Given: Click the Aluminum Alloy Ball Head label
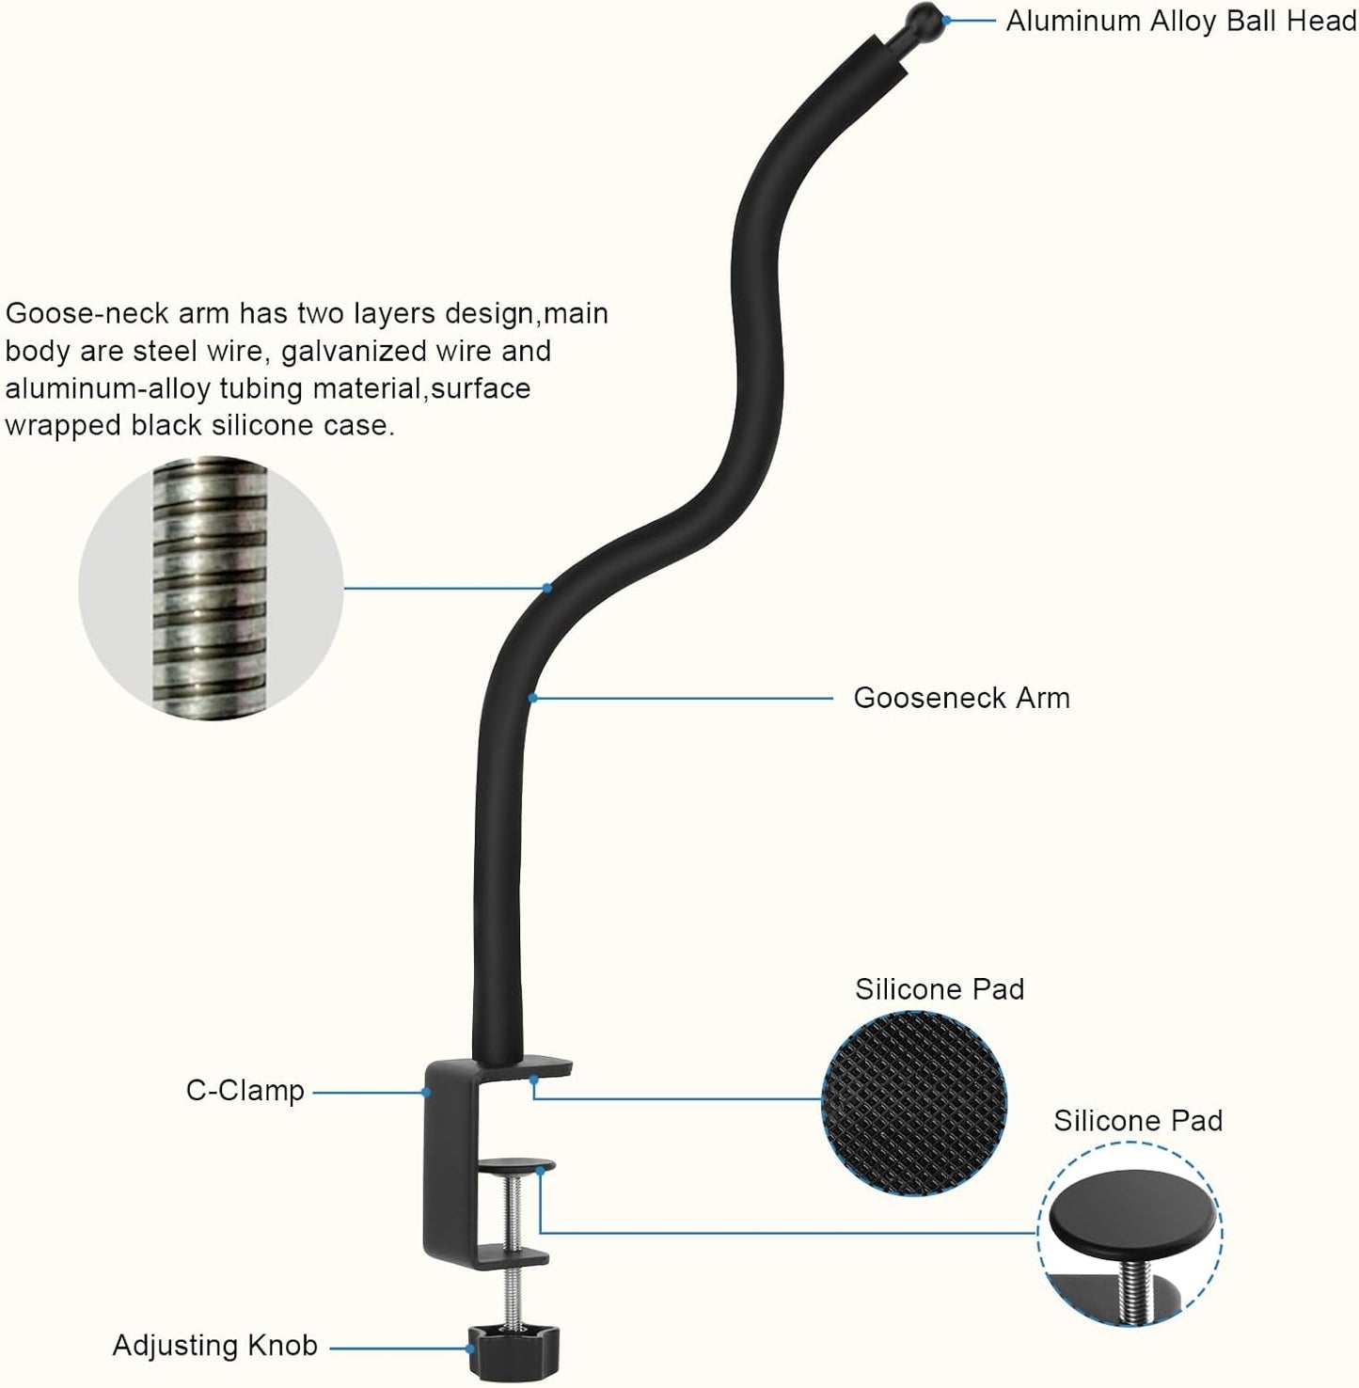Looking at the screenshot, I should (1180, 21).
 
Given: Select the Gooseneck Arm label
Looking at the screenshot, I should (961, 698).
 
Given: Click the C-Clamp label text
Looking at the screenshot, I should (245, 1091).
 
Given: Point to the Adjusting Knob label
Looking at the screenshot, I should (214, 1346).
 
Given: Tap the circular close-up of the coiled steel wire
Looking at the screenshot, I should (211, 588).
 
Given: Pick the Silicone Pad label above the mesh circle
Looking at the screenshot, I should (939, 989).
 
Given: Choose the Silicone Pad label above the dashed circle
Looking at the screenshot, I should (1137, 1121).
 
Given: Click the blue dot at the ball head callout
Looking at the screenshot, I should (946, 19).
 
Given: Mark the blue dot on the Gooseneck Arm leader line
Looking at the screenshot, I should (532, 698).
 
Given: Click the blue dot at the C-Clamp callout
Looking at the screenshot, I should (425, 1092).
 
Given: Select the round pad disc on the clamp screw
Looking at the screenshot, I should (515, 1166).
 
